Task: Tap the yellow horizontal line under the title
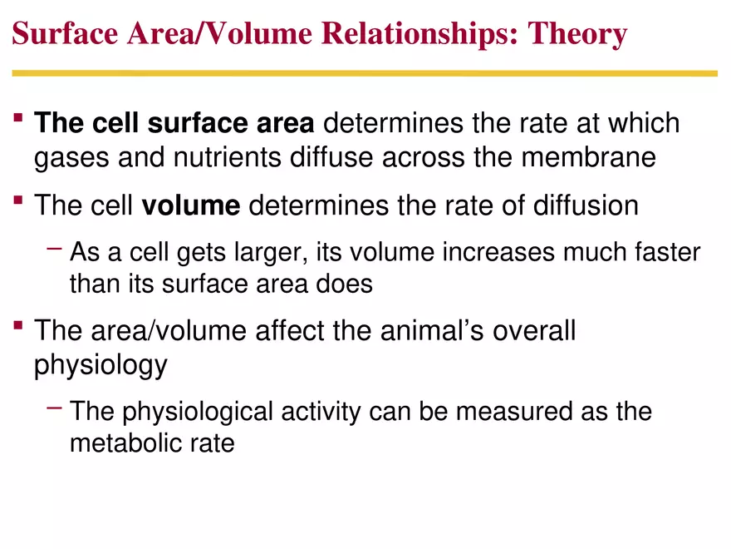[365, 74]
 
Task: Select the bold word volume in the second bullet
[191, 205]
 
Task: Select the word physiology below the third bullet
[101, 366]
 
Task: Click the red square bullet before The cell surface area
[18, 121]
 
